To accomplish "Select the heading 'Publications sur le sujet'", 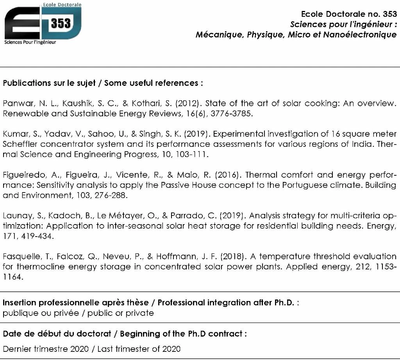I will tap(51, 83).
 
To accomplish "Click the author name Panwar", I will tap(18, 103).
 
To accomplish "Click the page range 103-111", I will tap(193, 154).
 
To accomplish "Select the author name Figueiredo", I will tap(23, 175).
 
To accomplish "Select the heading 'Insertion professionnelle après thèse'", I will tap(76, 303).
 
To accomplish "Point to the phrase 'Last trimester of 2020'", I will tap(139, 349).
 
